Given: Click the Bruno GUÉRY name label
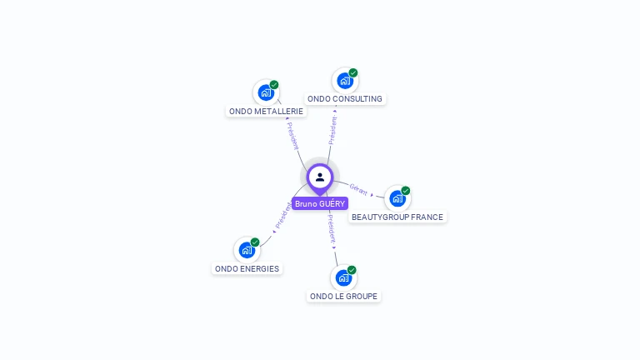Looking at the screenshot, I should coord(320,203).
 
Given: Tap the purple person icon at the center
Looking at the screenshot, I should coord(320,177).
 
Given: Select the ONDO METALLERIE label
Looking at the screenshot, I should coord(266,111).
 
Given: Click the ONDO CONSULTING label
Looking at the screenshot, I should coord(345,98).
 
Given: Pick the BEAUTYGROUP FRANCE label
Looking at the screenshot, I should coord(397,217).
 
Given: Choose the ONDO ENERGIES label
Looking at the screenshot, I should coord(247,268).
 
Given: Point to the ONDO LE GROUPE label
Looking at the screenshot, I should coord(343,296).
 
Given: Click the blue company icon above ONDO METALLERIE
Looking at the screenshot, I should coord(266,92).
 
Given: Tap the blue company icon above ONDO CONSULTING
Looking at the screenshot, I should coord(345,80).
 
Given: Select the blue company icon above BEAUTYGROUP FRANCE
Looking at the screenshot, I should coord(397,197).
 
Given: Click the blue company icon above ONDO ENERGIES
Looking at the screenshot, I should coord(247,249).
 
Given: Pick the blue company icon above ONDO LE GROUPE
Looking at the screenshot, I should coord(343,277).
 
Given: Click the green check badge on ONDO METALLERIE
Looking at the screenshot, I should coord(274,84).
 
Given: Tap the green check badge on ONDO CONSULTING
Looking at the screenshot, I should coord(353,72).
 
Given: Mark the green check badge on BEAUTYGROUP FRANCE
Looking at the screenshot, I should coord(406,190).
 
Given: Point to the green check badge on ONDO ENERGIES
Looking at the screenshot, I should coord(255,242).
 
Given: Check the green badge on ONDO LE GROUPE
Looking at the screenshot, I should coord(352,270).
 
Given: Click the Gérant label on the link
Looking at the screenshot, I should coord(359,189).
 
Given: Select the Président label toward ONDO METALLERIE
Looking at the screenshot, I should coord(292,136).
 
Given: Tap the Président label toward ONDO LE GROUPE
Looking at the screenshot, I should coord(332,227).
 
